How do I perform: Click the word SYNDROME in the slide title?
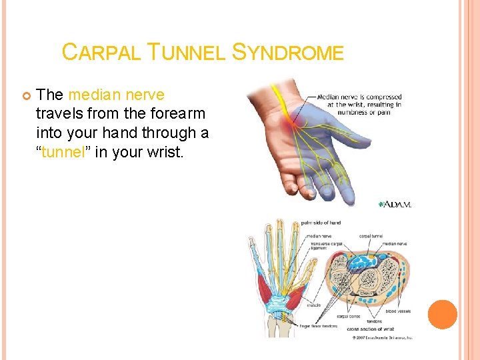point(288,52)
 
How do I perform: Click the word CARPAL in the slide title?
point(99,52)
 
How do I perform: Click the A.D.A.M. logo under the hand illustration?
point(395,204)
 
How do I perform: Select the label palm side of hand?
point(322,222)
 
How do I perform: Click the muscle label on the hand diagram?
point(313,305)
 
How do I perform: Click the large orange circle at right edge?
point(442,315)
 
